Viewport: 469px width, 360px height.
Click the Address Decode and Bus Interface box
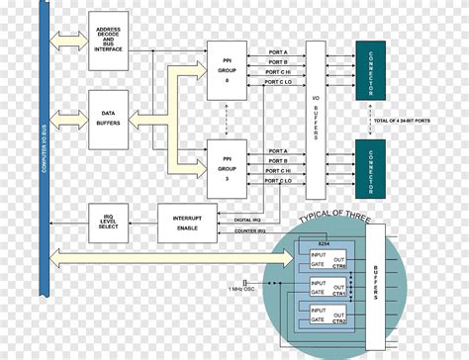tap(109, 41)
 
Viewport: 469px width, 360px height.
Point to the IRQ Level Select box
tap(109, 228)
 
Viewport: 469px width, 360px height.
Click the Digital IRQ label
tap(247, 219)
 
